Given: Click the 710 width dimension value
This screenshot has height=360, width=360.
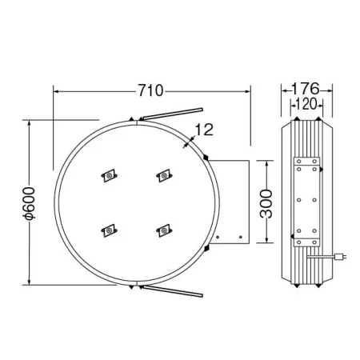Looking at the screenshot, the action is coord(150,90).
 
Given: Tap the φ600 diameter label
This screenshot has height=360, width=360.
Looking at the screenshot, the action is coord(29,204).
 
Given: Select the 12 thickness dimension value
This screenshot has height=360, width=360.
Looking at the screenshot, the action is coord(204,130).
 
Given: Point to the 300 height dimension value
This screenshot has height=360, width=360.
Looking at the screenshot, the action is coord(266,204).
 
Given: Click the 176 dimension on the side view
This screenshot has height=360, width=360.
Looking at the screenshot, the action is coord(306,89).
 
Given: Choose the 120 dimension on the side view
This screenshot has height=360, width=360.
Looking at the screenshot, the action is coord(306,104).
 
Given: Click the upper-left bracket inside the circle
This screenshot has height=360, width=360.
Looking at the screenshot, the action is coord(110,175).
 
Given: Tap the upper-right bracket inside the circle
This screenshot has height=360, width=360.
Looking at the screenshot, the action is coord(164,175).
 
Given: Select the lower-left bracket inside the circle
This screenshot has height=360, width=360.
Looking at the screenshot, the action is coord(109,230).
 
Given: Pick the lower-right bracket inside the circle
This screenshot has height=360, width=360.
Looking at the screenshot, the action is coord(164,230).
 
